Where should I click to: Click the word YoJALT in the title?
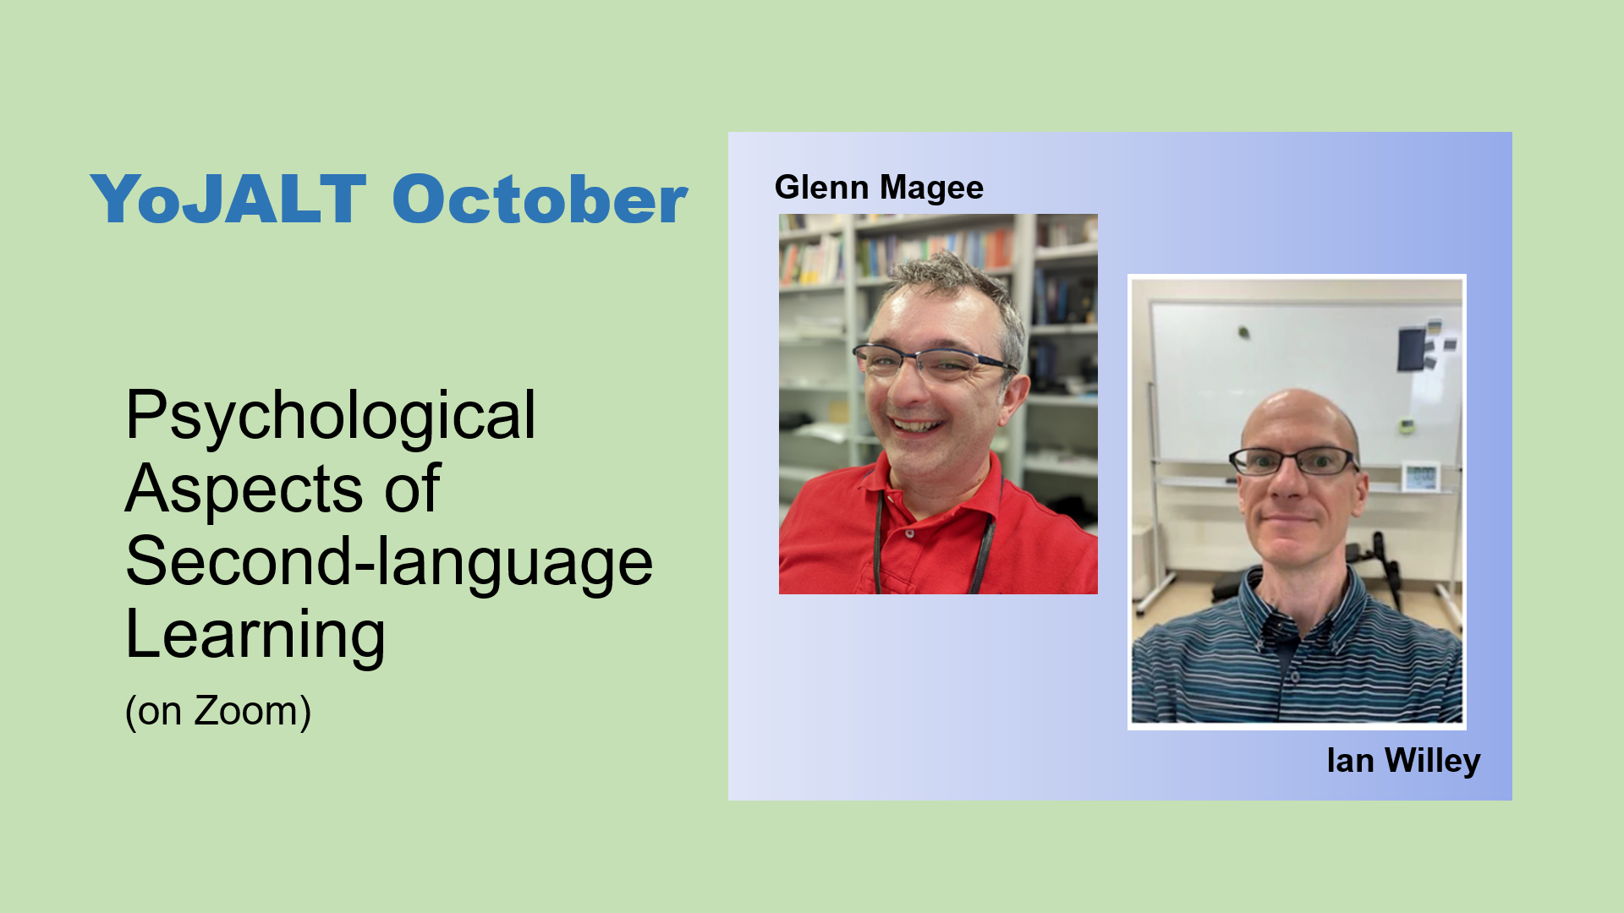click(x=228, y=200)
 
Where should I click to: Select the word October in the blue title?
click(x=540, y=200)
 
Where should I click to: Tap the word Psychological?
click(x=331, y=417)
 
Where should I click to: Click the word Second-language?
click(x=389, y=563)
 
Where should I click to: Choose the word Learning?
click(x=255, y=636)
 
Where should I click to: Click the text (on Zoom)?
click(x=218, y=711)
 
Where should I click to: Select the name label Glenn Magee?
click(x=879, y=188)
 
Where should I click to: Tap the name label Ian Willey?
click(x=1403, y=761)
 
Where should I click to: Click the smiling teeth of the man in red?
click(x=918, y=425)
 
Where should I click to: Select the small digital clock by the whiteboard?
click(x=1421, y=476)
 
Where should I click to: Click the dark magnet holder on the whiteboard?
click(x=1411, y=349)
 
